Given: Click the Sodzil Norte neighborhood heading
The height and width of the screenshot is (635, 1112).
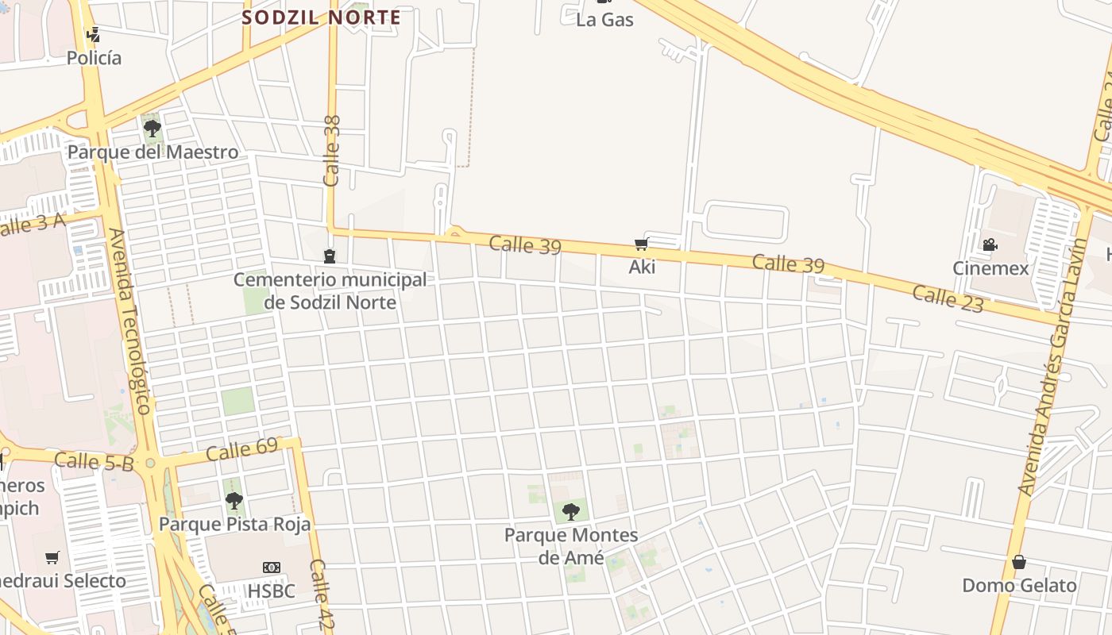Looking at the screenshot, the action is [x=321, y=17].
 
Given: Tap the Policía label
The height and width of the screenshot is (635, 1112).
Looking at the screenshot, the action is [x=94, y=58].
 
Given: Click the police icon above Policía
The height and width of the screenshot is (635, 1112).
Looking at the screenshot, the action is [x=94, y=34].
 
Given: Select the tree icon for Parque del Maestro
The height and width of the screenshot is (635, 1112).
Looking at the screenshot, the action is [x=152, y=128].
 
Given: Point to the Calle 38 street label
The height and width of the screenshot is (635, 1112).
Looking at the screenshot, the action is [x=332, y=151].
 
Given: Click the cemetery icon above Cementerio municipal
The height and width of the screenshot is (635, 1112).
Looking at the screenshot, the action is [x=330, y=256].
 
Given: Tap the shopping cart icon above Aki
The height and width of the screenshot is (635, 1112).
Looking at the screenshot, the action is [x=642, y=244].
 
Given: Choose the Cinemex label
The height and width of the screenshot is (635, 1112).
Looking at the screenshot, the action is [x=990, y=268].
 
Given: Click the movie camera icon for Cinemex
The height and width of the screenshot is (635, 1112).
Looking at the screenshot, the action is [x=990, y=245].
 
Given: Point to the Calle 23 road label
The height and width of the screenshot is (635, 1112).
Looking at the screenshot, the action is [x=948, y=299].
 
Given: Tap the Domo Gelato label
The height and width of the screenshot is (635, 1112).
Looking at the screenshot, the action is [x=1019, y=586].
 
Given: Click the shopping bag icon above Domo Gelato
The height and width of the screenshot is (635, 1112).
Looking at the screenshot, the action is [x=1019, y=563].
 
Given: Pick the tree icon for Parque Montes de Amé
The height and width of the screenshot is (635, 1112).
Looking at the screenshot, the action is [x=570, y=511].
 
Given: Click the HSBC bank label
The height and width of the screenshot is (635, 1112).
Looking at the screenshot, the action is [x=271, y=591].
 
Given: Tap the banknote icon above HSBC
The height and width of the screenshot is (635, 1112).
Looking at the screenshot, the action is [x=272, y=568].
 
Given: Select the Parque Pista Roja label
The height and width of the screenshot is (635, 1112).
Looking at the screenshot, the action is [x=234, y=524].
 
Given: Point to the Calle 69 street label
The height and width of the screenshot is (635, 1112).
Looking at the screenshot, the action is [x=241, y=449].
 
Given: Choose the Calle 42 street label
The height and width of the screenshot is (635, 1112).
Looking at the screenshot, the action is [x=321, y=595].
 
